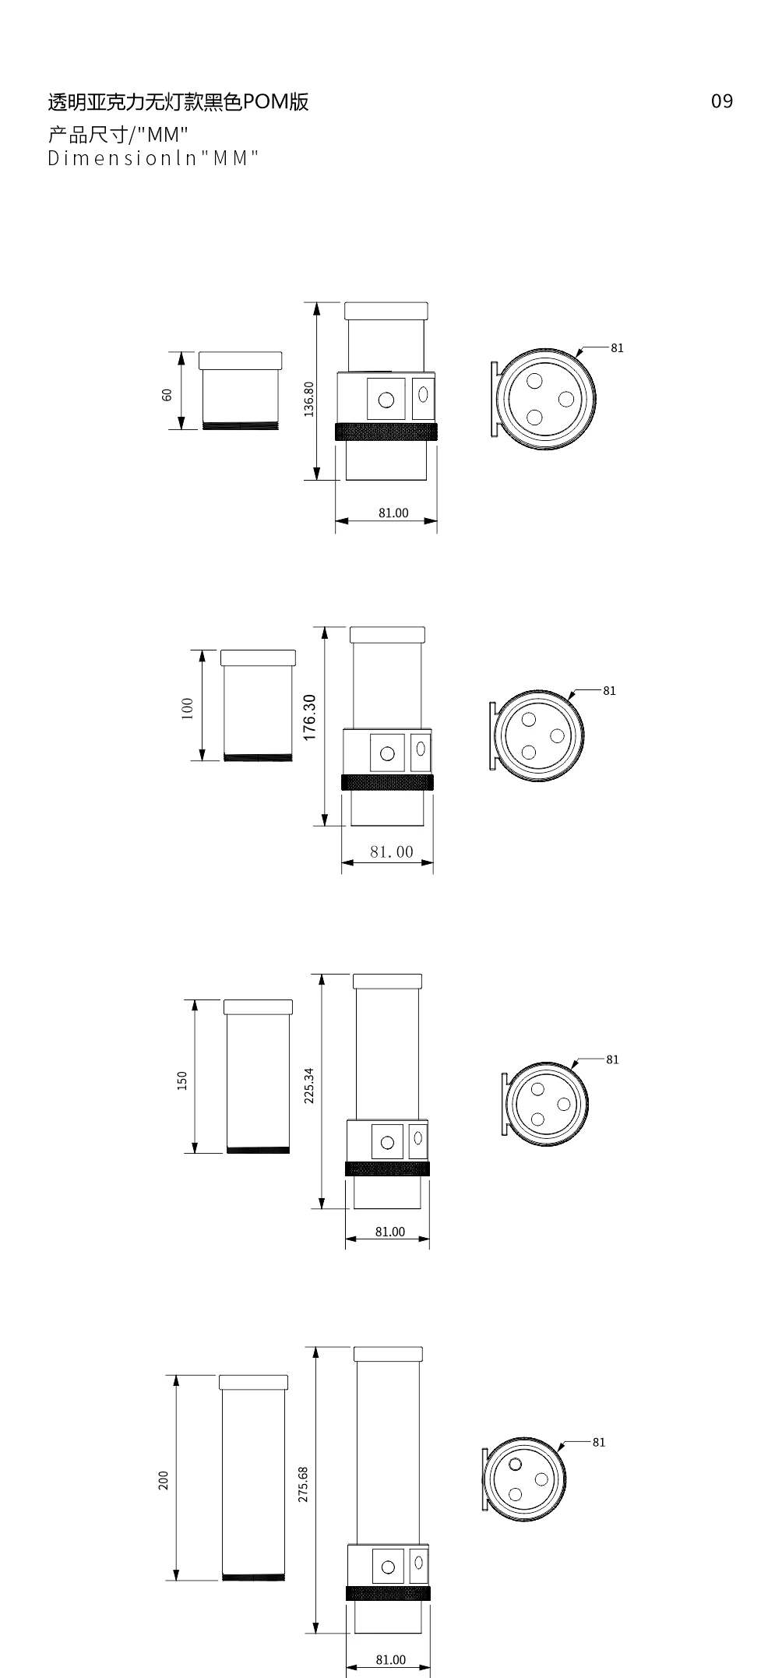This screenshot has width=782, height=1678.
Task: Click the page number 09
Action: coord(722,101)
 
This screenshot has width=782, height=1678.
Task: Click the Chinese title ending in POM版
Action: coord(178,101)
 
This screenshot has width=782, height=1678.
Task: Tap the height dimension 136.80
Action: coord(309,399)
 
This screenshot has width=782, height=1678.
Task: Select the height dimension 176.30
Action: coord(309,717)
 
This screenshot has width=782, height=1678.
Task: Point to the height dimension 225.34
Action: coord(309,1085)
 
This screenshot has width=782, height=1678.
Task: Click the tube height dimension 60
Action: coord(167,395)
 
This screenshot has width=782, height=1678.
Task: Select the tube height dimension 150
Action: coord(181,1080)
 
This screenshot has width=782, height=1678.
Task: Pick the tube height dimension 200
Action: coord(163,1480)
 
